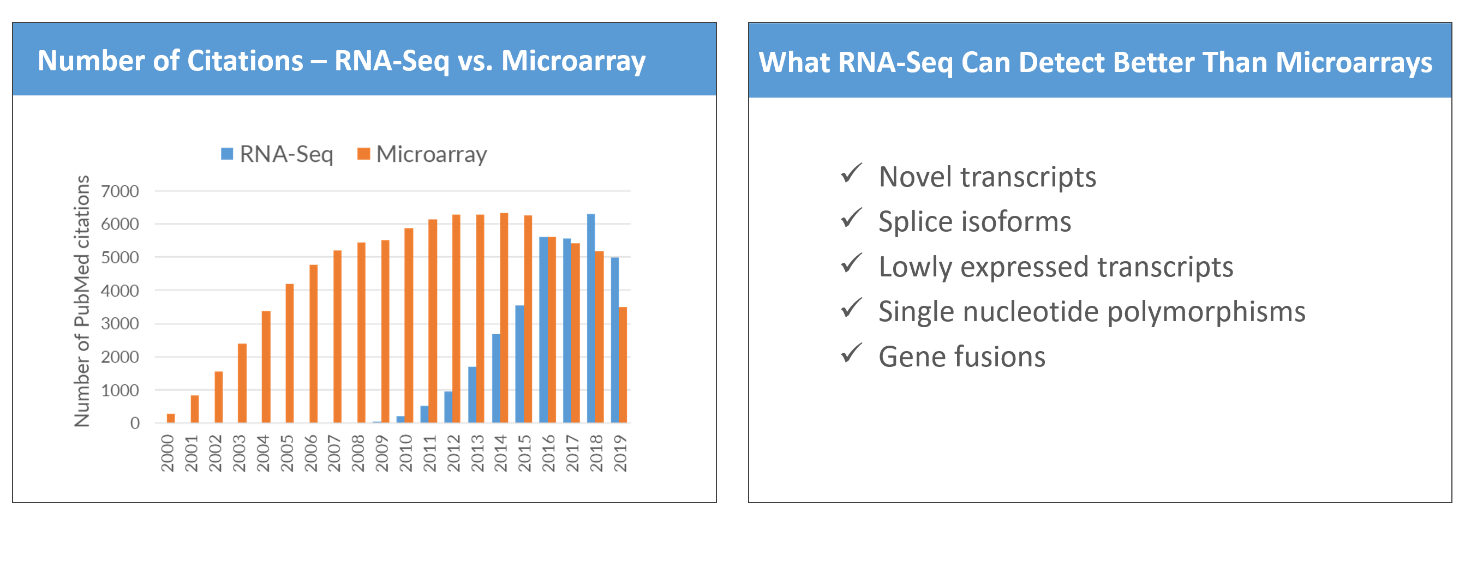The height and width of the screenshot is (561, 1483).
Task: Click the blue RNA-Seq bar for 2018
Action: coord(591,318)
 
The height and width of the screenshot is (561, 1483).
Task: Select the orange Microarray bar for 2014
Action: coord(504,318)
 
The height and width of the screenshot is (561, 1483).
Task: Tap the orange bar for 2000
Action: coord(171,418)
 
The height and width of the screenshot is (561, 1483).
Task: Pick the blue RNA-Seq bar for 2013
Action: coord(472,395)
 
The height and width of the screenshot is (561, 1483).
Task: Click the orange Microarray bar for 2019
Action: coord(623,365)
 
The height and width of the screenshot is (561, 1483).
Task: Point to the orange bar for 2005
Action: coord(290,353)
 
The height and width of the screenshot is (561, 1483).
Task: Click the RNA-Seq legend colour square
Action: coord(228,154)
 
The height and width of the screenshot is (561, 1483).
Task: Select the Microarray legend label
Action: coord(432,154)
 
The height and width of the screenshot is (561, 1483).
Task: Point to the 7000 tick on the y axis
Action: coord(119,191)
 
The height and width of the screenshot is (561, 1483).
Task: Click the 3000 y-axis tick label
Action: coord(119,323)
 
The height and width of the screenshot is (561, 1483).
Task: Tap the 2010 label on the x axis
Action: coord(406,454)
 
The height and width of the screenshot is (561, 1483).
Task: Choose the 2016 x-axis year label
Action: coord(549,454)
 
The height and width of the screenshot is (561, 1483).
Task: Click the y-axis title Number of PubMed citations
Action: coord(82,301)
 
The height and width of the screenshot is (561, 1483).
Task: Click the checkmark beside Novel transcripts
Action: coord(852,173)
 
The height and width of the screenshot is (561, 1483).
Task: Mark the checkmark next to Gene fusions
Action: coord(852,353)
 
